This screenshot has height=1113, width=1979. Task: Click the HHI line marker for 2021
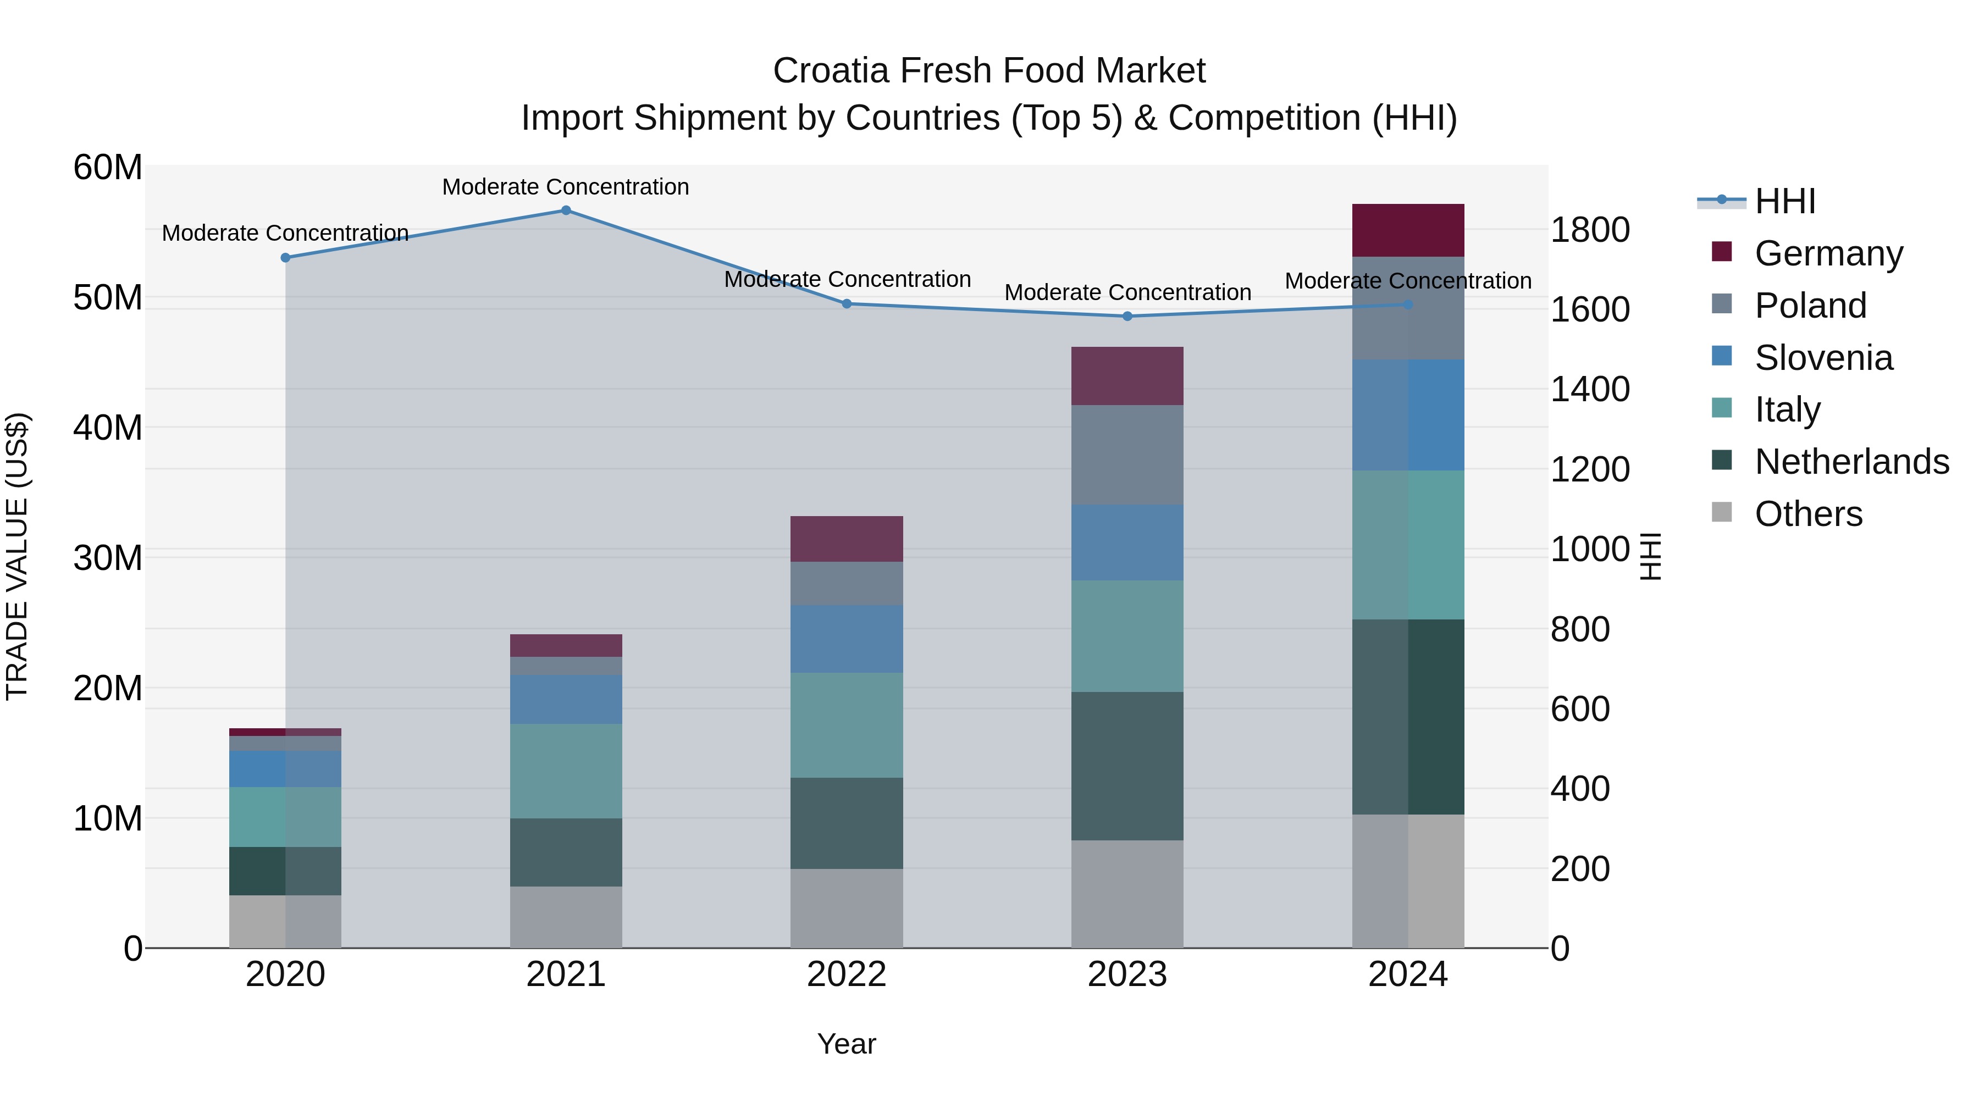coord(566,211)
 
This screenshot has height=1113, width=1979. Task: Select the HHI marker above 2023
coord(1127,317)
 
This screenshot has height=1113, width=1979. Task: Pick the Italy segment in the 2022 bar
coord(847,725)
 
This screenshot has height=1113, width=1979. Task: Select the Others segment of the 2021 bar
coord(566,917)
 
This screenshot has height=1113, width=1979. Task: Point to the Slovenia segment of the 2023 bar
coord(1127,542)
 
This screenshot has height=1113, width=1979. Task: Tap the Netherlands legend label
coord(1851,462)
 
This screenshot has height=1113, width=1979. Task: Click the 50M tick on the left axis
coord(108,298)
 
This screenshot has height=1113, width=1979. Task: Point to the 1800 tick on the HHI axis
coord(1589,230)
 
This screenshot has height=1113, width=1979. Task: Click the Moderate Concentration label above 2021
coord(566,187)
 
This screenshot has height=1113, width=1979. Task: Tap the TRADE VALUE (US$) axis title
coord(17,556)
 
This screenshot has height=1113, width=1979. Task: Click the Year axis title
coord(846,1044)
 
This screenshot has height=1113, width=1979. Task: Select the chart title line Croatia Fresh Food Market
coord(989,71)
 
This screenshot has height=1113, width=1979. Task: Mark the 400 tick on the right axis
coord(1579,789)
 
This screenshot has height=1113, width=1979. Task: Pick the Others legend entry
coord(1807,514)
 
